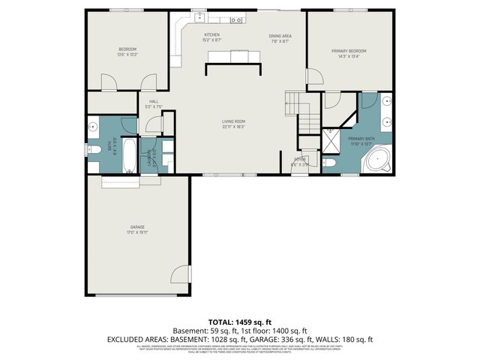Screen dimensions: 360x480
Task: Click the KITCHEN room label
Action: click(212, 35)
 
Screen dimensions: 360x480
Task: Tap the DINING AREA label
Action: click(281, 35)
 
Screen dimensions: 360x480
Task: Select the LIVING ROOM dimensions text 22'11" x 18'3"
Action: click(233, 127)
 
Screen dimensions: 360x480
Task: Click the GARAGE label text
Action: click(136, 226)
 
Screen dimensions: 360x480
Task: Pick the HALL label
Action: click(154, 101)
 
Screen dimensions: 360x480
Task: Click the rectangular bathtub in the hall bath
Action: click(129, 155)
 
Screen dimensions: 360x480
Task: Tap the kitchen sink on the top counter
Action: click(201, 18)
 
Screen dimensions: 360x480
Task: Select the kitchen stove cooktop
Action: click(236, 19)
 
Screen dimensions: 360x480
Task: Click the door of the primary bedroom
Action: click(314, 76)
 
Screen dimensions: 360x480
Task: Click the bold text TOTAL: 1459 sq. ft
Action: click(239, 321)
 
